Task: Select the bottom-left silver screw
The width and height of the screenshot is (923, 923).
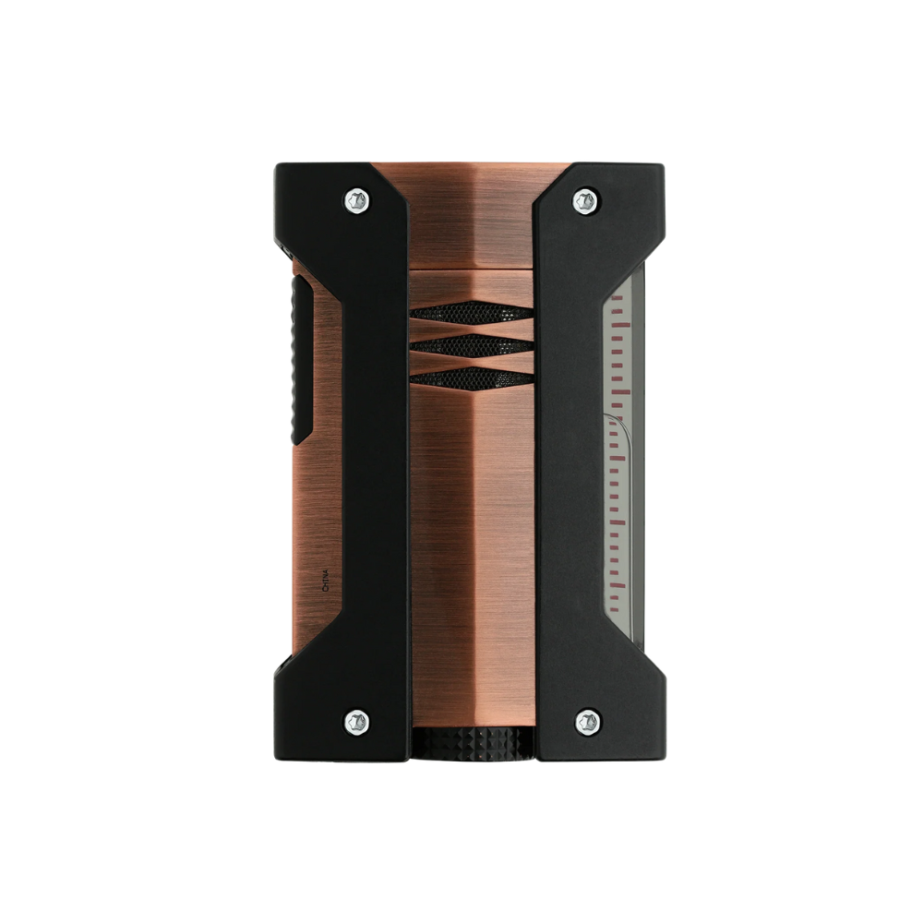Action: point(357,721)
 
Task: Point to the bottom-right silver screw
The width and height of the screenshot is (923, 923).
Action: point(584,721)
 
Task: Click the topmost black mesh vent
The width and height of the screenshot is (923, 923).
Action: point(472,313)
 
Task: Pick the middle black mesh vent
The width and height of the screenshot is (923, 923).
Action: point(472,344)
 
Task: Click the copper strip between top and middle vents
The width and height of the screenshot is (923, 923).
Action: point(472,329)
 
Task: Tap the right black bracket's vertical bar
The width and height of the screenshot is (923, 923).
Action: point(569,461)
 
